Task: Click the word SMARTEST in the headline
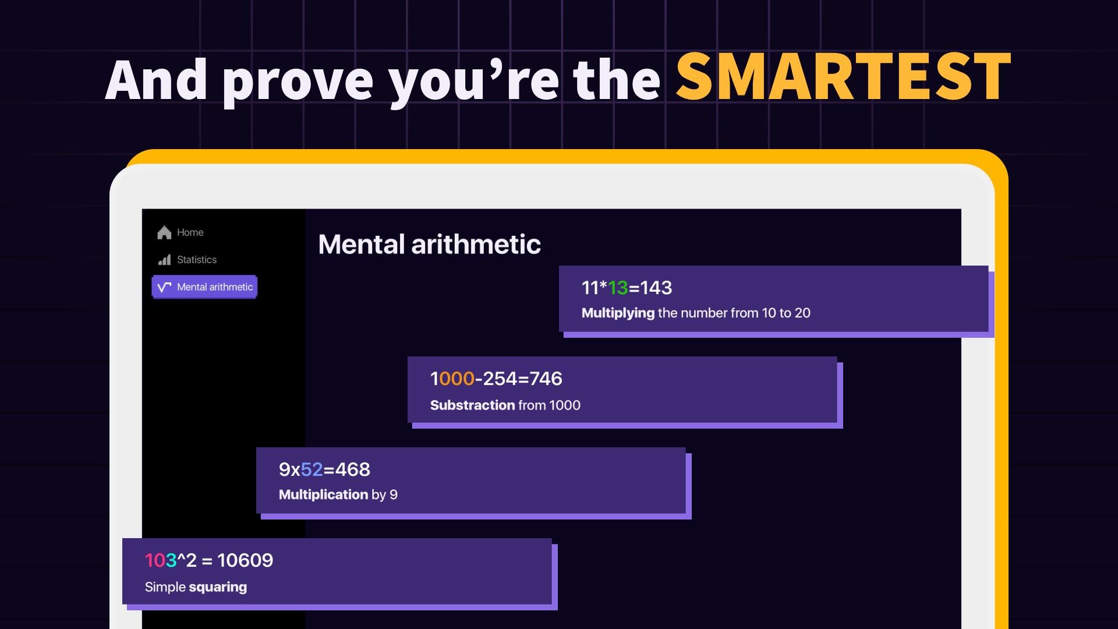point(843,77)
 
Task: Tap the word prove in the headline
point(298,83)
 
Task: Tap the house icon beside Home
point(164,232)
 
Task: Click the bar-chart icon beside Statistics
point(165,260)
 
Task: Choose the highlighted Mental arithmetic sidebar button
point(204,287)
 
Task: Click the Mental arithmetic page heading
point(430,244)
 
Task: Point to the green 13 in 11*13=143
point(618,288)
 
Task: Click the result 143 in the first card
point(656,288)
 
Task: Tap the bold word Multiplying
point(618,313)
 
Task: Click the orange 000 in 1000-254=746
point(457,379)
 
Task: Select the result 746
point(546,379)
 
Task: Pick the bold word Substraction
point(473,405)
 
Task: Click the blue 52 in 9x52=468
point(312,469)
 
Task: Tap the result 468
point(352,469)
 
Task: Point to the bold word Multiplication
point(323,494)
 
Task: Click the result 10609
point(245,560)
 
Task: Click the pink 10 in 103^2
point(155,560)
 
